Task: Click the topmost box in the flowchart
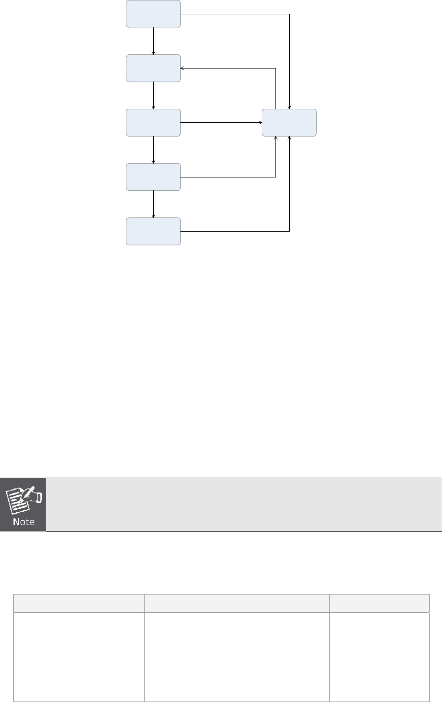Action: coord(153,14)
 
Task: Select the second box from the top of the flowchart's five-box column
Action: coord(153,68)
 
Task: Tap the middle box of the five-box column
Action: coord(153,122)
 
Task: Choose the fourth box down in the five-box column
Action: coord(153,176)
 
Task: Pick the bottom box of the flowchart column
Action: coord(153,231)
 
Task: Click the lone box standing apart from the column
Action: coord(289,122)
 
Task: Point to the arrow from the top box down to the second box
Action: coord(154,41)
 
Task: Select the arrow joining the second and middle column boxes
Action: coord(154,95)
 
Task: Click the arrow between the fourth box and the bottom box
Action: coord(154,204)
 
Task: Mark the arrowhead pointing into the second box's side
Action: coord(183,68)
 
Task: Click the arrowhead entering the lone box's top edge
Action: coord(289,106)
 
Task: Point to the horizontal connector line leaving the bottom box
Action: coord(235,231)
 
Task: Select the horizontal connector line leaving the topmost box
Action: coord(235,14)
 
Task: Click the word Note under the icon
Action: coord(23,522)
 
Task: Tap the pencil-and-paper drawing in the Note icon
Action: coord(23,498)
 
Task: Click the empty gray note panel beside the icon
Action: coord(243,504)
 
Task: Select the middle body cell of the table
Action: coord(237,657)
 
